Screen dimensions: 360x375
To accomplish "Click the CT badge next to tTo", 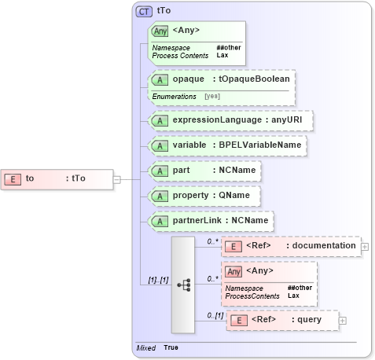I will tap(145, 11).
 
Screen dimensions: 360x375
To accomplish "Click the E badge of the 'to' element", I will tap(13, 178).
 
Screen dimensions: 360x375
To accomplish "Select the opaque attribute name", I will tap(188, 79).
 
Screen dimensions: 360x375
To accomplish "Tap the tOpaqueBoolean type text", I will tap(256, 79).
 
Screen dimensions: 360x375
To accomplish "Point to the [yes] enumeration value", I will tap(211, 96).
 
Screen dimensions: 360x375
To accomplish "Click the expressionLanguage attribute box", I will tap(231, 120).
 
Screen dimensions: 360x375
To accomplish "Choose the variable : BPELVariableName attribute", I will tap(226, 145).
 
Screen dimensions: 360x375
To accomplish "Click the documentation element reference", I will tap(290, 246).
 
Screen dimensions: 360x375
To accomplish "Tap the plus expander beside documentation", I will tap(366, 246).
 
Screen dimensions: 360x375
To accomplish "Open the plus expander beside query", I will tap(342, 320).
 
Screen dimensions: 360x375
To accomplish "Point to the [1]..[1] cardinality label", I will tap(159, 280).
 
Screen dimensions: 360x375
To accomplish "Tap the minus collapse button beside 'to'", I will tap(116, 178).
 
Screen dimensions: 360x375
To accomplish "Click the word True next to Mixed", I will tap(171, 347).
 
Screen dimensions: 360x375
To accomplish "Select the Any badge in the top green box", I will tap(160, 31).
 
